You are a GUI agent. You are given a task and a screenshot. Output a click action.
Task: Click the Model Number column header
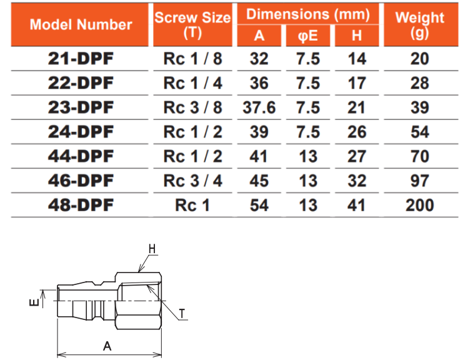point(81,25)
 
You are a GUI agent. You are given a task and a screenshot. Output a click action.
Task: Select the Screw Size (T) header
point(192,25)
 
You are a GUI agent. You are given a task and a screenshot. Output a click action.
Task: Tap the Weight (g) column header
point(420,25)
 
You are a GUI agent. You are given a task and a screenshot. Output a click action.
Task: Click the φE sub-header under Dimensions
point(307,36)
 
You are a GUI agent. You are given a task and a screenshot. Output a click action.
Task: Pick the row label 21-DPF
point(81,59)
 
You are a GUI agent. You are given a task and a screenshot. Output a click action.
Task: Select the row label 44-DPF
point(81,156)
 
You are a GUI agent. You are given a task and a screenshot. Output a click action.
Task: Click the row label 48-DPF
point(81,205)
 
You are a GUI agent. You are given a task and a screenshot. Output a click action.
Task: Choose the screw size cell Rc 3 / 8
point(192,107)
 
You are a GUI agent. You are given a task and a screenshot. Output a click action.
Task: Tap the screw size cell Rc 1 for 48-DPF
point(192,206)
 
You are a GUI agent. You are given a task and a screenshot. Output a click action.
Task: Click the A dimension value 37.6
point(259,107)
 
